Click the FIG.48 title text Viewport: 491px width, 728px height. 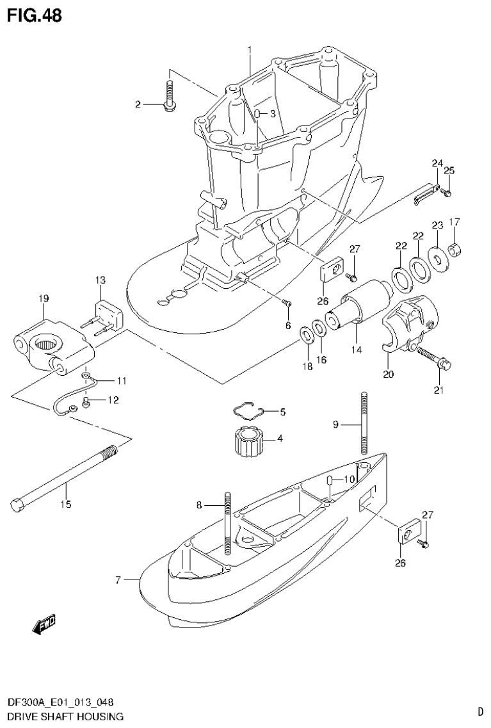click(35, 15)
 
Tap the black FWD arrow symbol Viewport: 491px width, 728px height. click(44, 625)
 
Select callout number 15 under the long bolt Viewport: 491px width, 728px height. click(66, 505)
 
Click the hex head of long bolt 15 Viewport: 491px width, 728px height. click(18, 504)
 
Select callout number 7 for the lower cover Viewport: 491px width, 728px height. click(118, 580)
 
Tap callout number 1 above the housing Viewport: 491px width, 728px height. click(250, 49)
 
